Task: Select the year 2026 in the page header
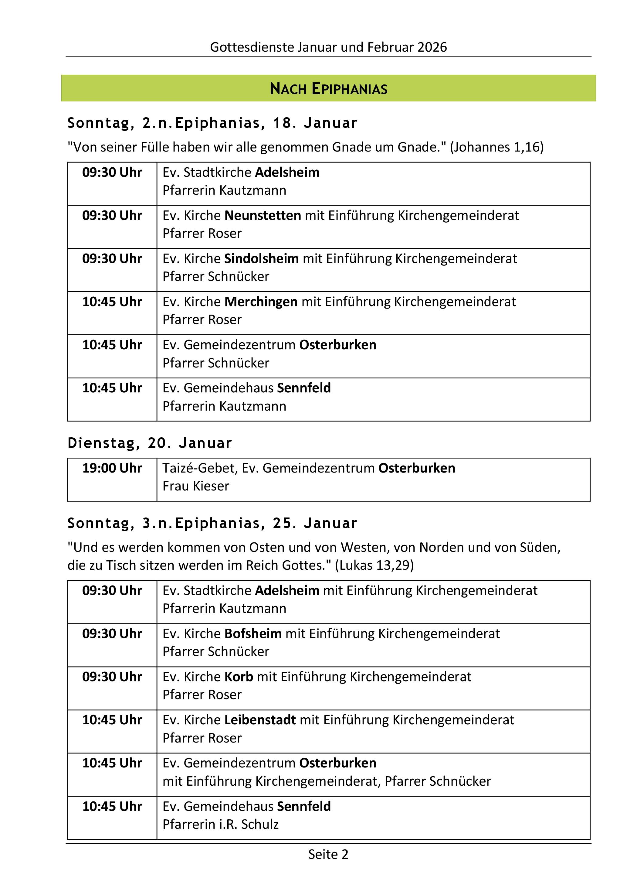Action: coord(432,47)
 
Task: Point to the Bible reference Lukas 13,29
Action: coord(374,565)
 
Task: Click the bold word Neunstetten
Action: coord(263,215)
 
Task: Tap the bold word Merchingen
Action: coord(261,302)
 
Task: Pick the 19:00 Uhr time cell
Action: coord(112,468)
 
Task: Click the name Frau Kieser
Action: coord(196,486)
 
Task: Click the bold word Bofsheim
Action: coord(253,634)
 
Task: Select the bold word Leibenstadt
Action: coord(260,720)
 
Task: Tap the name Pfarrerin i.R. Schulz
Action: coord(220,824)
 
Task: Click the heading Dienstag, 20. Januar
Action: coord(150,443)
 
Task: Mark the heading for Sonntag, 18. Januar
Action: coord(212,123)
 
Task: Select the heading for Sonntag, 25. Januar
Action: coord(212,523)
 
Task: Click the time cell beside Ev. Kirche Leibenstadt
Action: coord(112,720)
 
